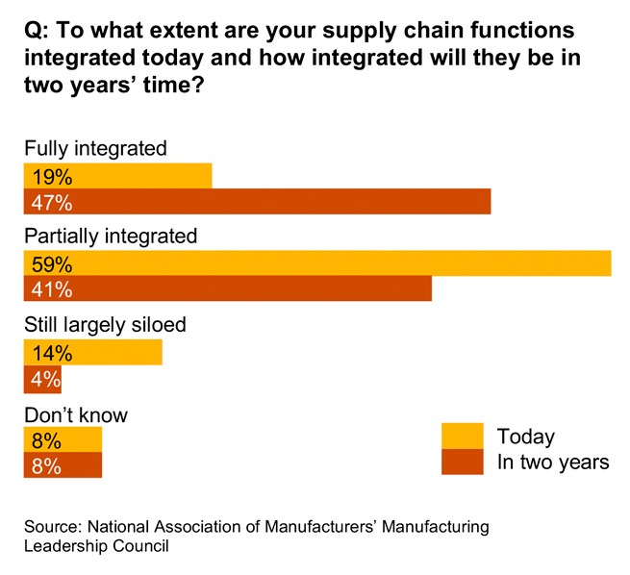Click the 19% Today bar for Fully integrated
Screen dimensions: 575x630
(x=117, y=176)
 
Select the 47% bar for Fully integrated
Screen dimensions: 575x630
(x=257, y=202)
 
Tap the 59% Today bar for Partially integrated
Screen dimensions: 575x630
(x=317, y=263)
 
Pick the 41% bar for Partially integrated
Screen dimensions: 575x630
(x=228, y=289)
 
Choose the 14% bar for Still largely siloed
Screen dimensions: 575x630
(x=93, y=353)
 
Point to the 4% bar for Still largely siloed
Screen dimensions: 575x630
(x=42, y=379)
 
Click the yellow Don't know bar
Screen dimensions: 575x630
(x=63, y=440)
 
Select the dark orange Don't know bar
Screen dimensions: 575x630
(x=63, y=466)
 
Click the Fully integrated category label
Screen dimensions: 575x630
(x=95, y=148)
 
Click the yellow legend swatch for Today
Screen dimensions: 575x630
(x=463, y=436)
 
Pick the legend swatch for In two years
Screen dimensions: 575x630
(x=463, y=462)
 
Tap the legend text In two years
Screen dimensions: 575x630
(x=552, y=462)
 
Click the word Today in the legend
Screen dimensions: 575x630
(x=525, y=437)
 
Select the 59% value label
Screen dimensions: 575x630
(x=52, y=263)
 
